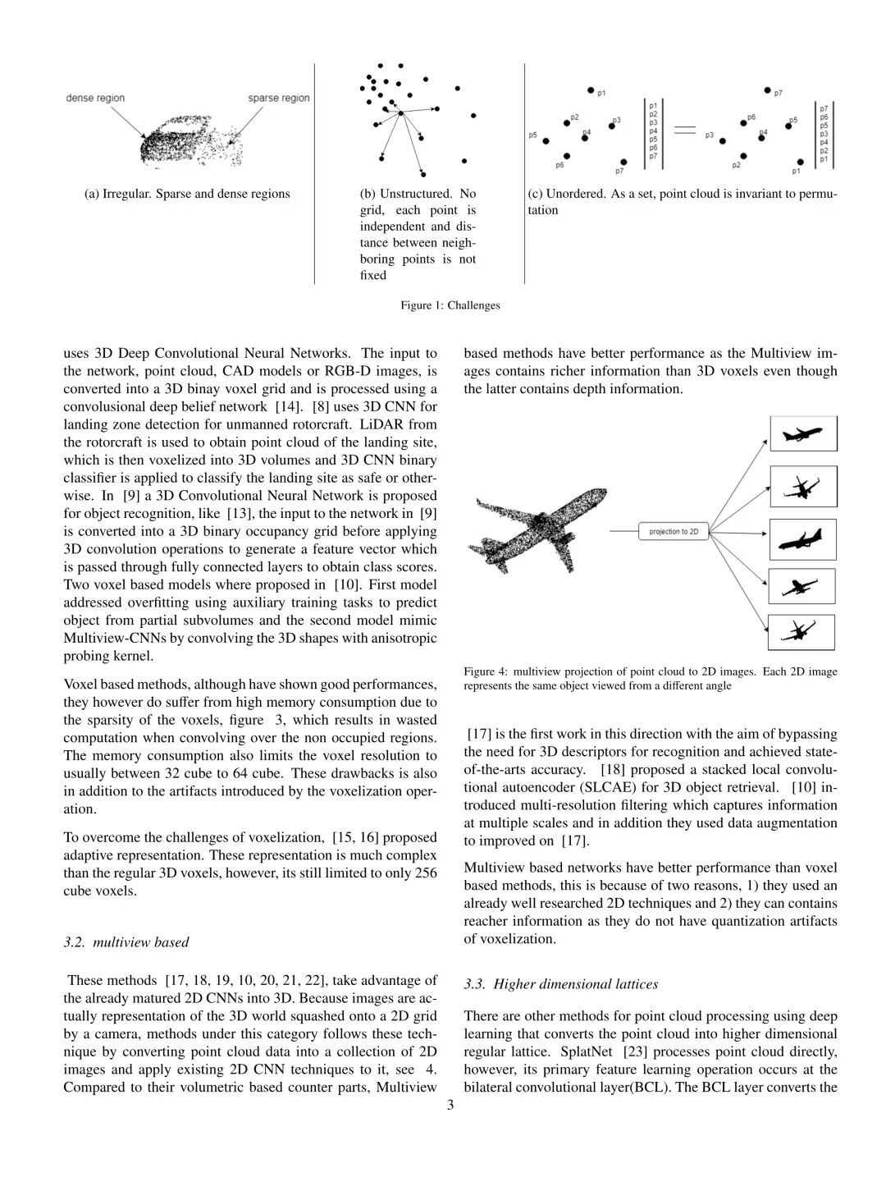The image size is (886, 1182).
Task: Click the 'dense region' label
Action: (95, 98)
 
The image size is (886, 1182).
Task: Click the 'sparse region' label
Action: (279, 98)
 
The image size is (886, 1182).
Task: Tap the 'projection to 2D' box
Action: (673, 532)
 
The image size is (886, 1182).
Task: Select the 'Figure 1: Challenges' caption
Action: (450, 305)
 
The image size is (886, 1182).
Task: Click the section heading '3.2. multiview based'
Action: (126, 941)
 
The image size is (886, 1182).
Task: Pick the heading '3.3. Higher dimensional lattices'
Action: (560, 983)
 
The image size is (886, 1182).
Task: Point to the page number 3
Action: (450, 1105)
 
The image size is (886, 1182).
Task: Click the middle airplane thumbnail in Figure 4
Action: (803, 539)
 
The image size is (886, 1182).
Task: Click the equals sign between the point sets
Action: (684, 129)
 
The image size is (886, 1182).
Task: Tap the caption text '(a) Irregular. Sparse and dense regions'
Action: (187, 194)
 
